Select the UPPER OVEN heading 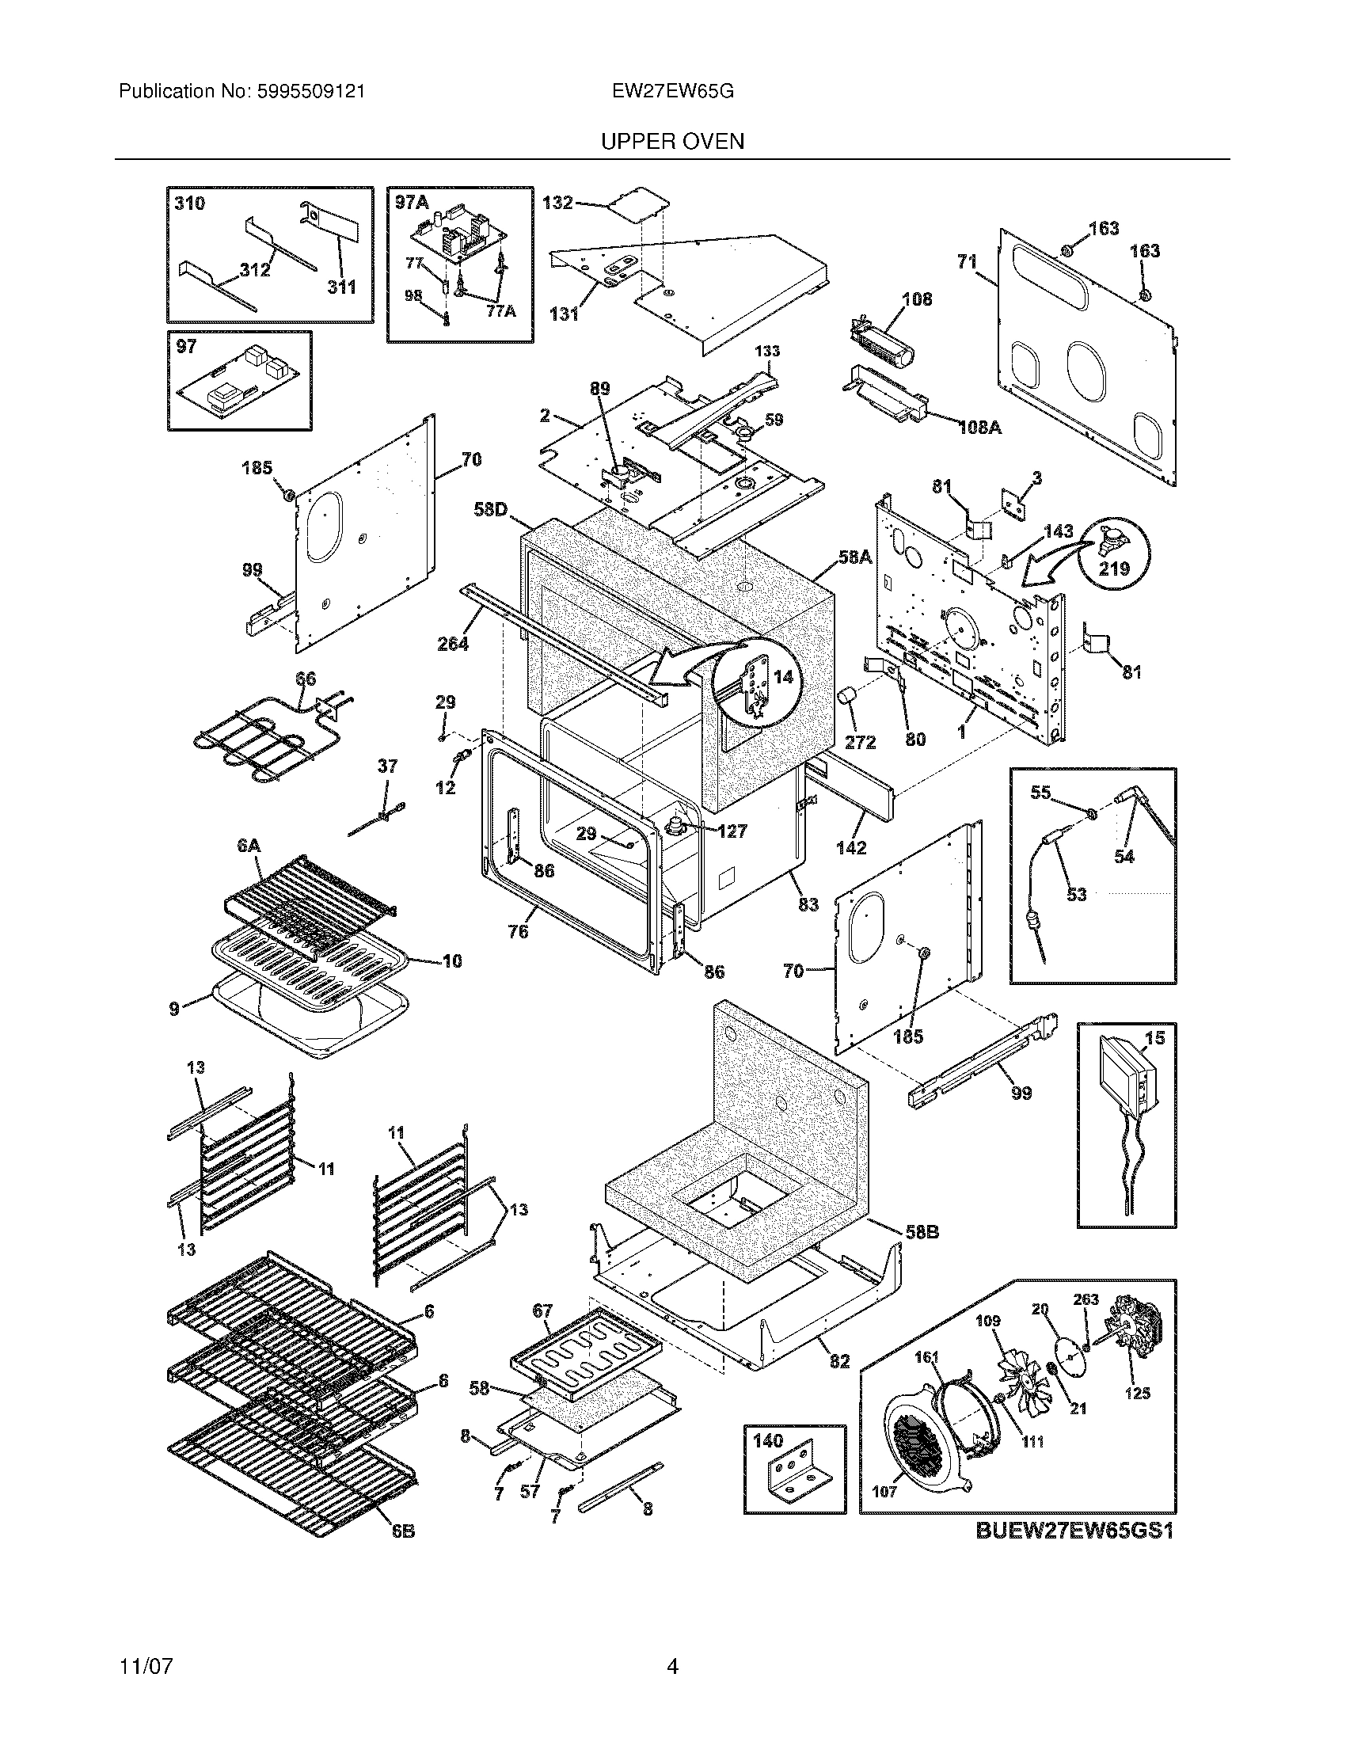(x=672, y=142)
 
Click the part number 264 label (x=453, y=643)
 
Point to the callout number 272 (x=861, y=742)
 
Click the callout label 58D (x=490, y=508)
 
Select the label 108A (x=979, y=427)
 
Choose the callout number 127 (x=732, y=831)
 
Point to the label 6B (x=403, y=1531)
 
